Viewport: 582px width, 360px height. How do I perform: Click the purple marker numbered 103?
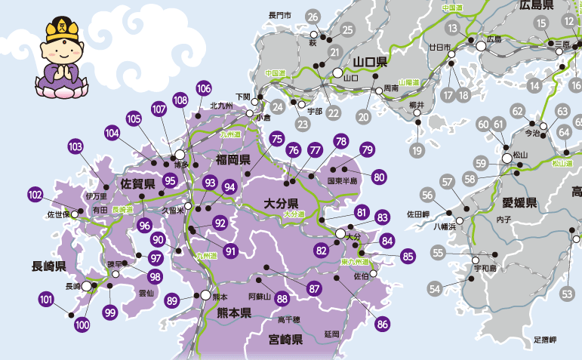click(75, 146)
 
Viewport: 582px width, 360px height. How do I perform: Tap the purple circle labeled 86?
click(383, 325)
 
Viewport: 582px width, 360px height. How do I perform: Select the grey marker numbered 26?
click(313, 17)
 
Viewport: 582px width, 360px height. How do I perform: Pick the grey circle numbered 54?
click(434, 288)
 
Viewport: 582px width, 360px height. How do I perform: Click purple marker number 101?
click(47, 300)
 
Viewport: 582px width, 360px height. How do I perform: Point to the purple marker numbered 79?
click(367, 149)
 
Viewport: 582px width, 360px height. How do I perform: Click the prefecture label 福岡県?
click(232, 160)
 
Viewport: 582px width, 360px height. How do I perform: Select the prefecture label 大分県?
click(282, 203)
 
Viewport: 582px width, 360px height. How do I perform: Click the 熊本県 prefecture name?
click(234, 312)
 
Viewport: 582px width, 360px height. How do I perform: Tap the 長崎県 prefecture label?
click(49, 266)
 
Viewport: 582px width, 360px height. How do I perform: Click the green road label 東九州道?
click(353, 262)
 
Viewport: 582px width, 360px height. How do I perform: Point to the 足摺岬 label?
click(544, 340)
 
